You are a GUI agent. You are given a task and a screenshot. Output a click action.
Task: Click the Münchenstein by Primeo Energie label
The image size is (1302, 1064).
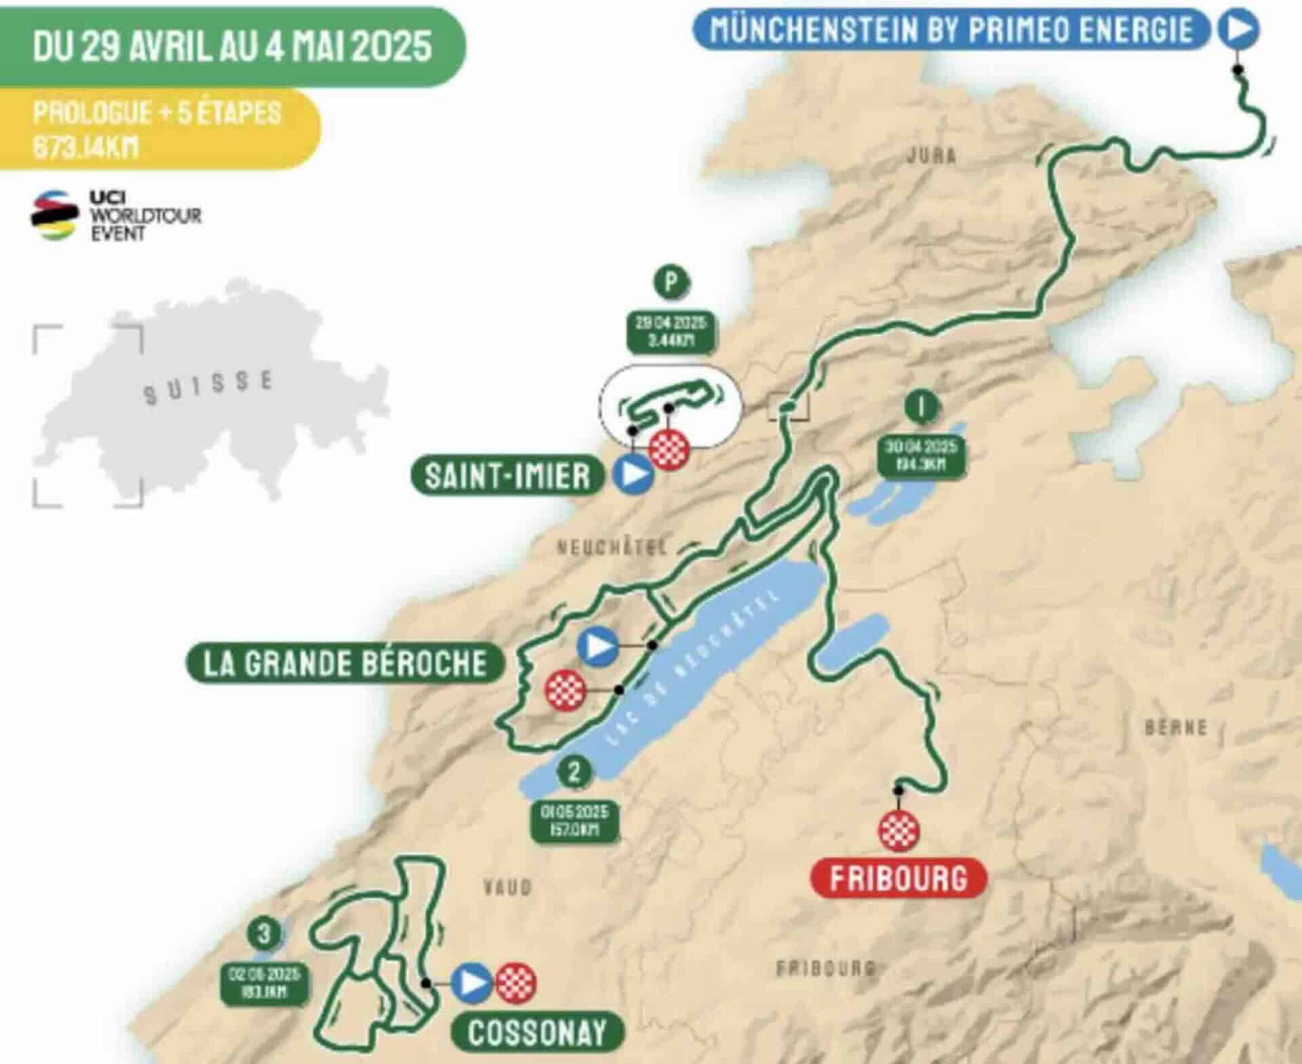click(x=951, y=30)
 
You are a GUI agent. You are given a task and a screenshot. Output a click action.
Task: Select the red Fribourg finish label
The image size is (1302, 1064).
click(x=898, y=879)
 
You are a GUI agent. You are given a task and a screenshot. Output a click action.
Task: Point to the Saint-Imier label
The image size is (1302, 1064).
click(x=507, y=476)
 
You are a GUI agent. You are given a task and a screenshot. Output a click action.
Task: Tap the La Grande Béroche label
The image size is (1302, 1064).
click(x=344, y=663)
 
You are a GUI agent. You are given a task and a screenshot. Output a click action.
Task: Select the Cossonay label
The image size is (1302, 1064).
click(x=537, y=1033)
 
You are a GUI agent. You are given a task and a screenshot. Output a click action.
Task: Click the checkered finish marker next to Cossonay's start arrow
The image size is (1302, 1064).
click(x=515, y=983)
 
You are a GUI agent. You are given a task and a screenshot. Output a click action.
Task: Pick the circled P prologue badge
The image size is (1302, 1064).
click(x=671, y=281)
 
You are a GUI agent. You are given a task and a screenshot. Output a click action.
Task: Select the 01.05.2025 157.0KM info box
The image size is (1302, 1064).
click(x=574, y=820)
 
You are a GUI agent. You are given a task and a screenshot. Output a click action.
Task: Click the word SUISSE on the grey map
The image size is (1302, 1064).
click(x=208, y=388)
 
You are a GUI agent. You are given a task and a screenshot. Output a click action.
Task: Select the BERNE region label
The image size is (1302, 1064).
click(x=1176, y=728)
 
